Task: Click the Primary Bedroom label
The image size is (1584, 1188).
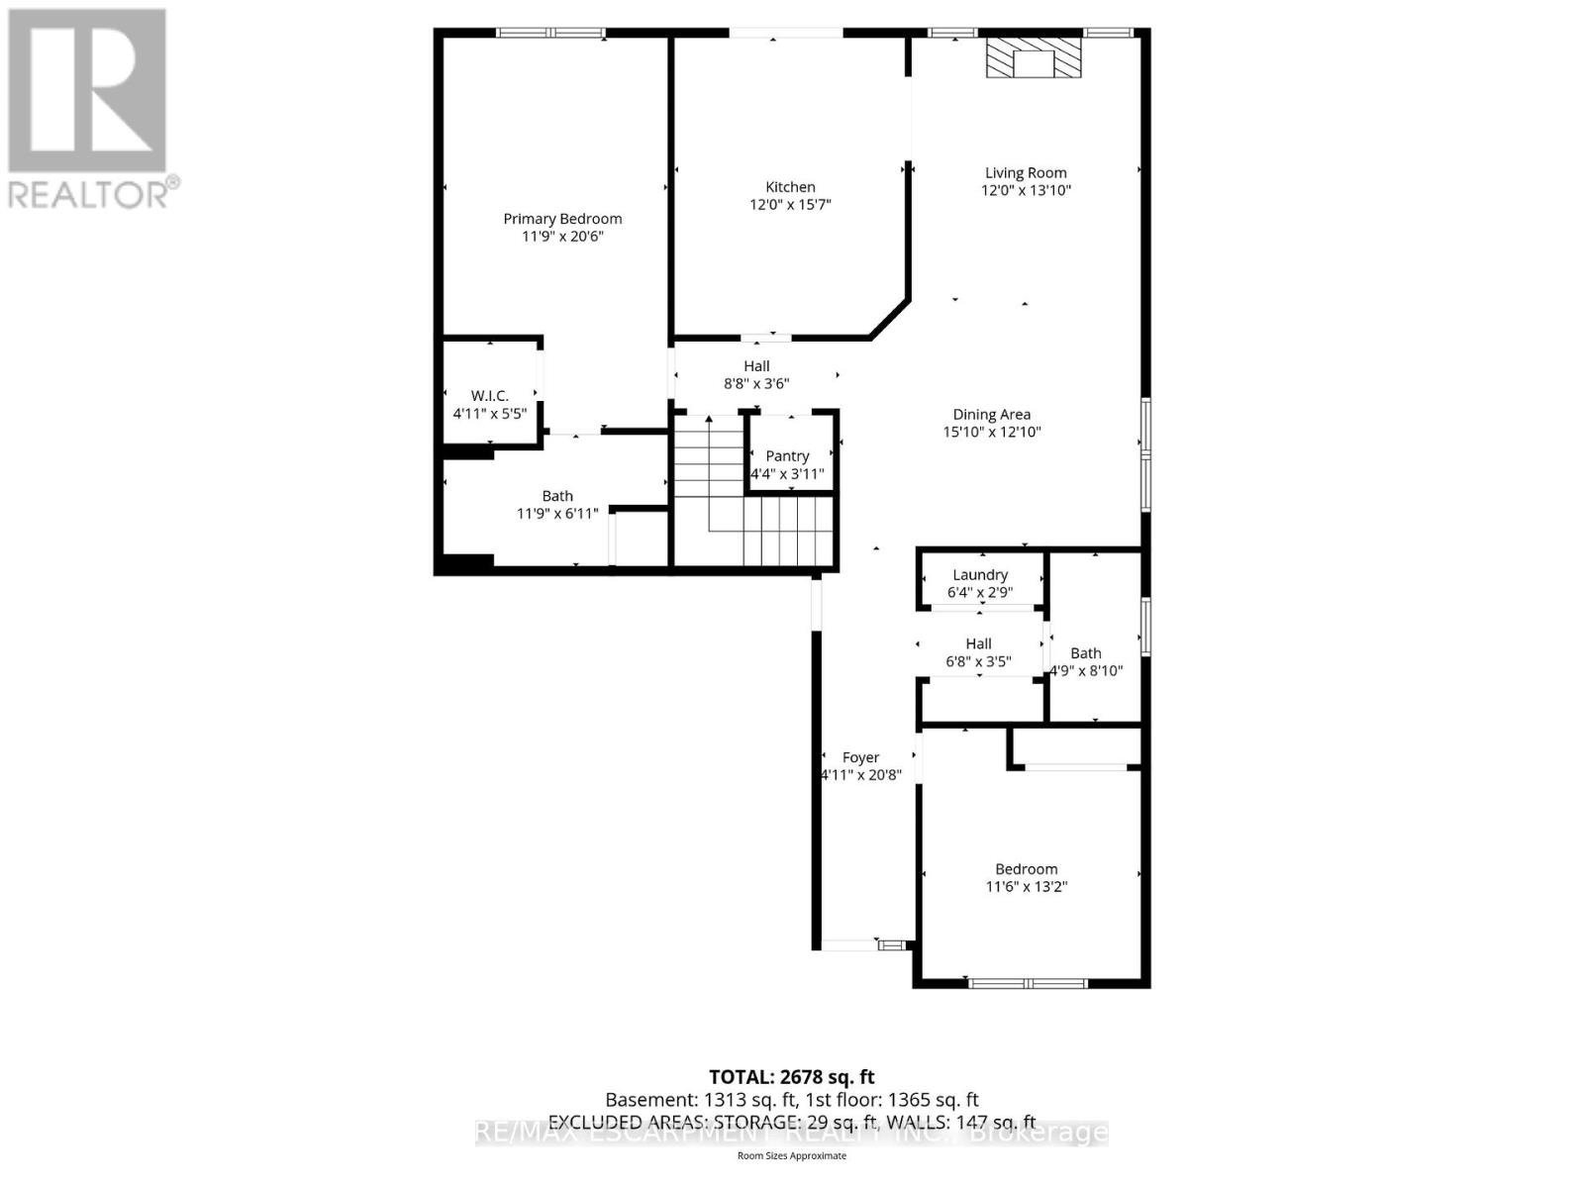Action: tap(562, 219)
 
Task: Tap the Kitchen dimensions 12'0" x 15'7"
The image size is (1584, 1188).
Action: tap(790, 205)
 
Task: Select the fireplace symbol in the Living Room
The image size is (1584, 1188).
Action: tap(1034, 58)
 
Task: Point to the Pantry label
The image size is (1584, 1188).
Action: tap(787, 455)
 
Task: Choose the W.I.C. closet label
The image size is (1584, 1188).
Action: tap(489, 395)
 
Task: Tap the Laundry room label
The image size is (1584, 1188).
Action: tap(979, 574)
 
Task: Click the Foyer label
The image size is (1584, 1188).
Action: tap(860, 757)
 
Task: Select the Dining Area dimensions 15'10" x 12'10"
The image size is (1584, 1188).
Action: tap(992, 432)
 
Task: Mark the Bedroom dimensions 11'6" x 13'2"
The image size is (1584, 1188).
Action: tap(1026, 887)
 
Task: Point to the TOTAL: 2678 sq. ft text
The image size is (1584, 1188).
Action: tap(791, 1076)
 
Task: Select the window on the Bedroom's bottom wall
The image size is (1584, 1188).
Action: tap(1028, 983)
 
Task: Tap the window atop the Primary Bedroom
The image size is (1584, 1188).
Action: tap(550, 33)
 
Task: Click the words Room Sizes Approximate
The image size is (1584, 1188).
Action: tap(791, 1155)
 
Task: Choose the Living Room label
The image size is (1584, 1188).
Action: tap(1026, 172)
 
